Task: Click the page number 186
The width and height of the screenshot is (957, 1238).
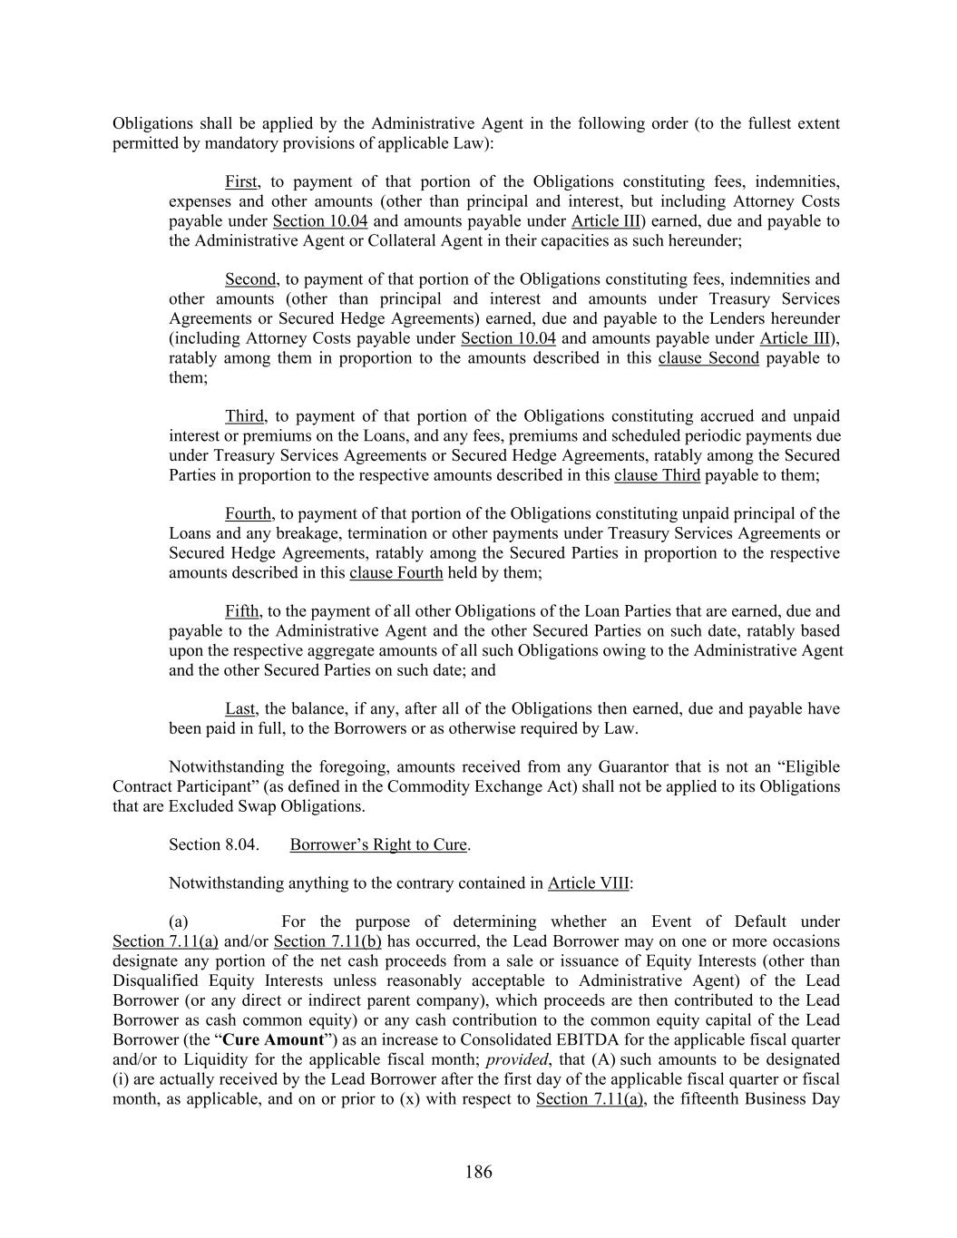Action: tap(478, 1172)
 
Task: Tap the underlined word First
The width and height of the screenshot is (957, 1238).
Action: tap(241, 181)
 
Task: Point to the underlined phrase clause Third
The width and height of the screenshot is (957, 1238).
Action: tap(657, 475)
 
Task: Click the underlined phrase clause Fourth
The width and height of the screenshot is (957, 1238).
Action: tap(395, 573)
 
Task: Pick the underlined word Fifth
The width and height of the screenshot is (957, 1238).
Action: tap(241, 611)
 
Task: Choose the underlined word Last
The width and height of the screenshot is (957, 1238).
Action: tap(239, 709)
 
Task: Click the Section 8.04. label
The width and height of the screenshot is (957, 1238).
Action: tap(214, 845)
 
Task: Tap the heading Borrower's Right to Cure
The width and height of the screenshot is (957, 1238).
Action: tap(377, 845)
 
